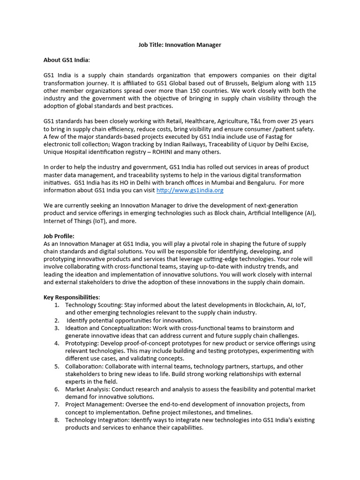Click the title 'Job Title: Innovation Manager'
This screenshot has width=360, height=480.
(180, 45)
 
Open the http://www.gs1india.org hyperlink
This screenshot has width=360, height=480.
(189, 190)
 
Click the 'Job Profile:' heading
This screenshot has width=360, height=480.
(59, 236)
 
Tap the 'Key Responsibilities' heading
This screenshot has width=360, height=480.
(71, 297)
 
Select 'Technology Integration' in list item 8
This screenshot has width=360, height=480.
(97, 420)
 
